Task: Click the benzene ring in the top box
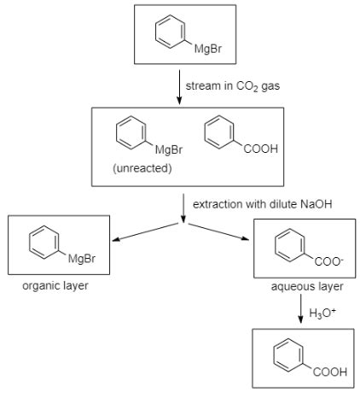click(x=168, y=32)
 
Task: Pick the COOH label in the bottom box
click(x=329, y=373)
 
